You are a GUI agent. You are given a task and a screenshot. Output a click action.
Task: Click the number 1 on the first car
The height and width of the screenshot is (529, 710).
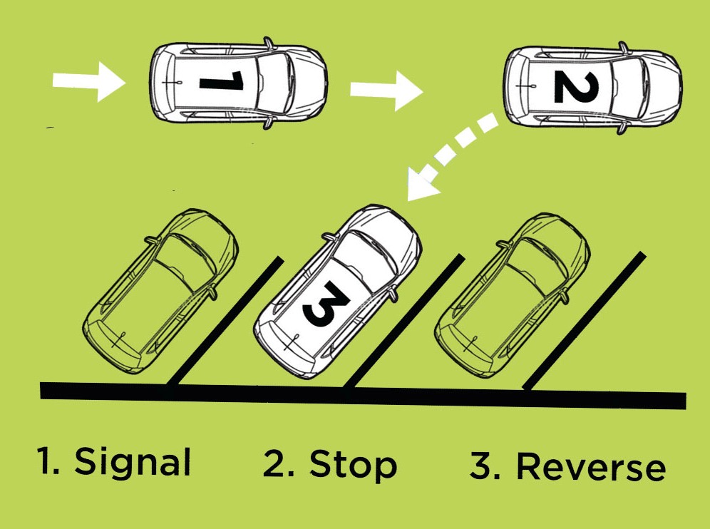coord(222,82)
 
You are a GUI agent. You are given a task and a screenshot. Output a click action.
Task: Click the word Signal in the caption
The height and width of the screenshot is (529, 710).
coord(133,462)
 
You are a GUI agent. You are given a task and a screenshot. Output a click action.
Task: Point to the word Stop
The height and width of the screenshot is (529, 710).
coord(352,464)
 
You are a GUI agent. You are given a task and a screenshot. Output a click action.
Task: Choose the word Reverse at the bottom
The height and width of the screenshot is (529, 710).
coord(590,468)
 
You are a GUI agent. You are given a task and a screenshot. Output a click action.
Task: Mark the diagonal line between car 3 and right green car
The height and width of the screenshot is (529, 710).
coord(403,324)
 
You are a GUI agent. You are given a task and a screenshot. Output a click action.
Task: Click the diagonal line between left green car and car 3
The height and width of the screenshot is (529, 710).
coord(225,322)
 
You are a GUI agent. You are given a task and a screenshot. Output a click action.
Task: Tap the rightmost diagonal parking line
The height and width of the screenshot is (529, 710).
coord(585,321)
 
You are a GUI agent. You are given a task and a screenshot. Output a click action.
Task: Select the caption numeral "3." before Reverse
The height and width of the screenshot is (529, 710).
coord(484,467)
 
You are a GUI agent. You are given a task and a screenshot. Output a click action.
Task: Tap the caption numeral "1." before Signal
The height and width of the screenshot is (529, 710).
coord(50,462)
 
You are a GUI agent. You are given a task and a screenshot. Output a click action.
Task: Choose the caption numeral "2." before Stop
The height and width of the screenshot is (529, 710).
coord(278,464)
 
